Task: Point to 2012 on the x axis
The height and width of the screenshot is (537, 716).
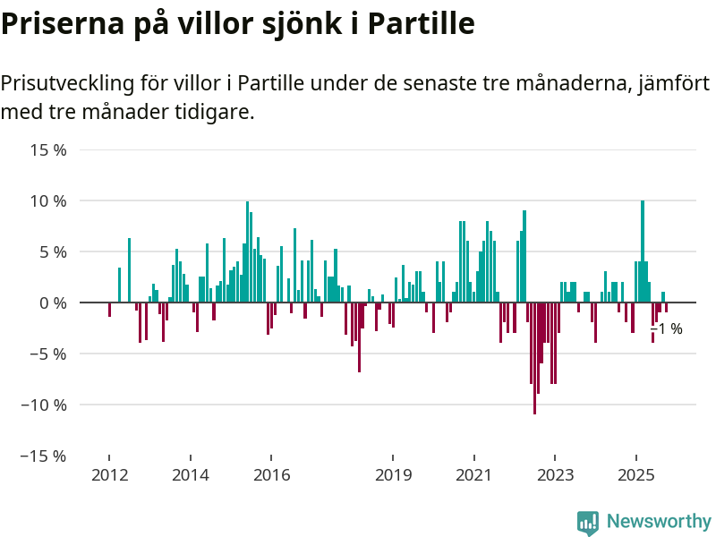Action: click(x=109, y=474)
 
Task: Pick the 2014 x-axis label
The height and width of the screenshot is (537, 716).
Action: click(x=191, y=474)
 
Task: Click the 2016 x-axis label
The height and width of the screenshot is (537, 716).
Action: click(x=272, y=474)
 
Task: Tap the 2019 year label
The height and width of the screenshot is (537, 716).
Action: click(x=393, y=474)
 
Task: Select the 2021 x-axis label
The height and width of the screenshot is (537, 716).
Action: click(x=473, y=474)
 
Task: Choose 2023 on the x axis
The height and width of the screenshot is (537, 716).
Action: click(x=555, y=474)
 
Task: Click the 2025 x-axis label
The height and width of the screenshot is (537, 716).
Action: click(x=635, y=474)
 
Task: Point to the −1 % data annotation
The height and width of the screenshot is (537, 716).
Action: click(x=667, y=329)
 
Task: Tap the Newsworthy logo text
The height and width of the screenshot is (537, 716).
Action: click(x=659, y=521)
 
